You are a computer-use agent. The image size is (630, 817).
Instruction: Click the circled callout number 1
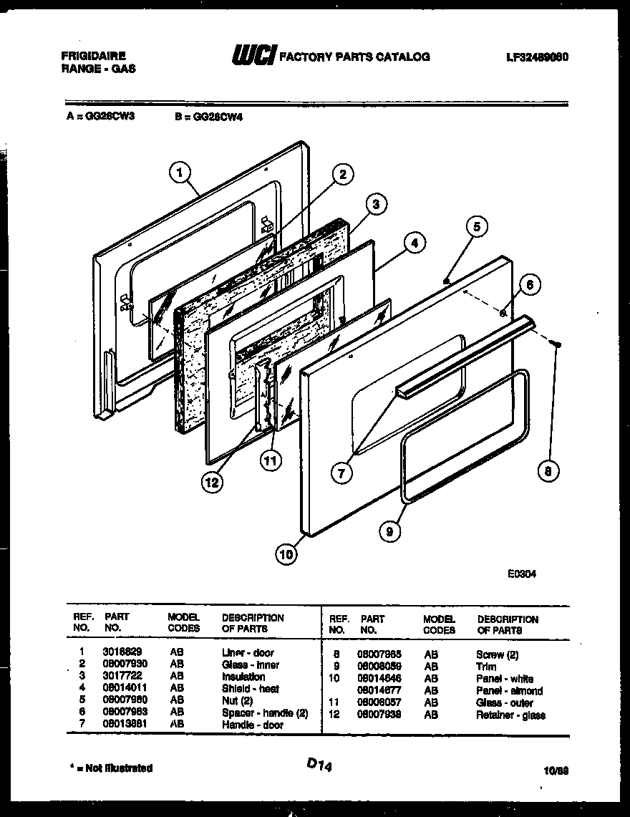point(180,172)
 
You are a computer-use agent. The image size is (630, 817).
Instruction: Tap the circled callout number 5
point(478,228)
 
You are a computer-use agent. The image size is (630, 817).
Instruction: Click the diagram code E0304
point(520,573)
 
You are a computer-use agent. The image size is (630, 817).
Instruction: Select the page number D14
point(321,765)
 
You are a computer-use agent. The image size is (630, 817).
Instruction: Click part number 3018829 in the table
point(117,652)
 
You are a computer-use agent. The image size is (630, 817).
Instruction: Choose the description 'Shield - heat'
point(250,689)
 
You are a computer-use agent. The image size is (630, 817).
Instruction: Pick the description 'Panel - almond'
point(509,691)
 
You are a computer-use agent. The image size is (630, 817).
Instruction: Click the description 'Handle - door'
point(252,725)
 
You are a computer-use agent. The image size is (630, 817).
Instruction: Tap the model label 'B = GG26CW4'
point(208,117)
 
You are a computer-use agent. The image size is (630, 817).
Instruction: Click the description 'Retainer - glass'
point(510,715)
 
